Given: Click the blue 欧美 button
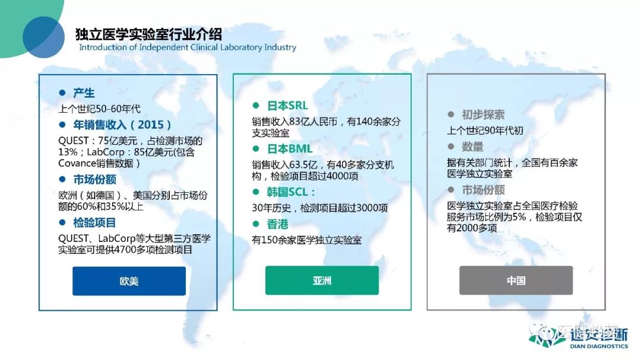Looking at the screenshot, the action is coord(129,281).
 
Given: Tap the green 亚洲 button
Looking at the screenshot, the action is coord(322,281).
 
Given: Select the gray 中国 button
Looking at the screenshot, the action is coord(516,281).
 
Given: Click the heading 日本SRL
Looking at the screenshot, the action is coord(287,106).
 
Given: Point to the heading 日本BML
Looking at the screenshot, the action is coord(290,149).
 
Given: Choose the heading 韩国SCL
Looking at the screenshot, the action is coord(291,192).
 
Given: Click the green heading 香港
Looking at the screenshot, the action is coord(278,224).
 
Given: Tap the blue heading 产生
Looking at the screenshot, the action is coord(84,93).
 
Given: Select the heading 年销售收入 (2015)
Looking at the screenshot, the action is coord(122,125).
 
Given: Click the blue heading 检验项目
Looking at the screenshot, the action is coord(94,222).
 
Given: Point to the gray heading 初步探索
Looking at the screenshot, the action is coord(483,114).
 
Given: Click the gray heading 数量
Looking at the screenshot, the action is coord(472,146).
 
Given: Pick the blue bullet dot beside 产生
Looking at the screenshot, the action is coord(62,93).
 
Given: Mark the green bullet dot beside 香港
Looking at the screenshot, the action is coord(256,224).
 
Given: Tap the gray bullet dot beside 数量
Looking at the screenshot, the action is coord(451,146).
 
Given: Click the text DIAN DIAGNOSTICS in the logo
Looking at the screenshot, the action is coord(599,346).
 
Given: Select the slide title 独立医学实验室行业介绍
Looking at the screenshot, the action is coord(148,34).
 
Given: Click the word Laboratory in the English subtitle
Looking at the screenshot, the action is coord(241,47).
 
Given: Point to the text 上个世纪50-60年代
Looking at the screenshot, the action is coord(99,109).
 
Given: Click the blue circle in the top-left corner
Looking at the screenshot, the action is coord(43,37).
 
